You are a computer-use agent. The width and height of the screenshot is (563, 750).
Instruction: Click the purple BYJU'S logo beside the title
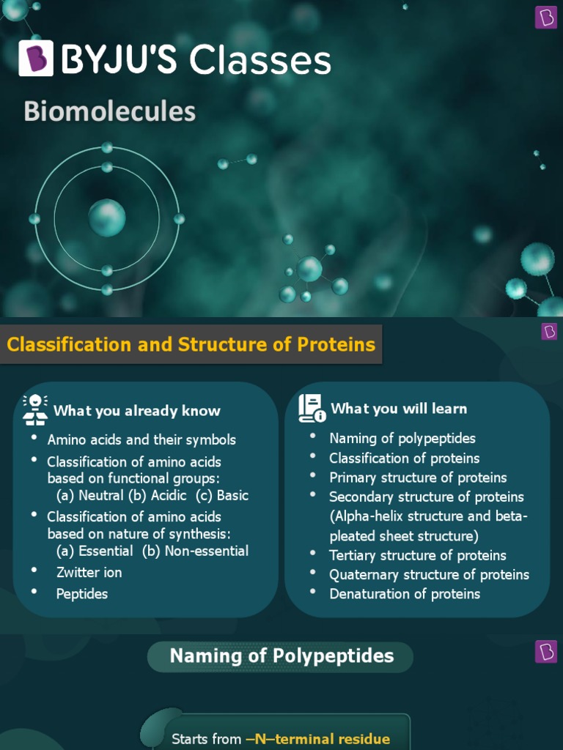(x=36, y=59)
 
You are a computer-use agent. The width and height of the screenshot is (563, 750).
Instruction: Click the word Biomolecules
(x=109, y=111)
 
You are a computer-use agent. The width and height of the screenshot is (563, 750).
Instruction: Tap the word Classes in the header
(x=260, y=60)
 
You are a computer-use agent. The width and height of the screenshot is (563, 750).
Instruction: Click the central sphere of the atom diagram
(x=107, y=218)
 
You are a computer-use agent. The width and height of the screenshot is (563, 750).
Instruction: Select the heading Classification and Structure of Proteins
(x=191, y=344)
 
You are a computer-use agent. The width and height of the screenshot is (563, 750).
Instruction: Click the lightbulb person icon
(x=35, y=409)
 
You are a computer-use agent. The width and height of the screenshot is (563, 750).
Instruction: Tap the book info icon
(x=312, y=409)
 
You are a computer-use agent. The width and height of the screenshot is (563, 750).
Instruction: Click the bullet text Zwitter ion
(x=89, y=572)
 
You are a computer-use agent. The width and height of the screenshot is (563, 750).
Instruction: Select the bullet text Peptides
(x=82, y=593)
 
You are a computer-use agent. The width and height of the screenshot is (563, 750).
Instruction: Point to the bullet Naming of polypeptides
(x=402, y=438)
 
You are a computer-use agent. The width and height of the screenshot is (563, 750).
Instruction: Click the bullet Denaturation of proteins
(x=405, y=593)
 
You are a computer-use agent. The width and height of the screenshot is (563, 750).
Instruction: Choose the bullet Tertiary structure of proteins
(x=417, y=555)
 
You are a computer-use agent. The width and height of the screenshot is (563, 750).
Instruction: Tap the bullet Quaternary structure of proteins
(x=429, y=574)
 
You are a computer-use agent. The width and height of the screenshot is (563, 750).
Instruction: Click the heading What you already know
(x=136, y=410)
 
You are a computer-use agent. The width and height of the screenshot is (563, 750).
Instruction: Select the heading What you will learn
(x=399, y=409)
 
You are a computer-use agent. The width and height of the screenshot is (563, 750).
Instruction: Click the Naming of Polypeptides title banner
(x=281, y=656)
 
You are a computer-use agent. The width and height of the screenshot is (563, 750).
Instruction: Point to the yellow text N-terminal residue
(x=317, y=739)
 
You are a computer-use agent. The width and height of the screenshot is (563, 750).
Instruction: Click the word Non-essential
(x=207, y=551)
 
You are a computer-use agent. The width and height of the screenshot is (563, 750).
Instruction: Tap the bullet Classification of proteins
(x=404, y=458)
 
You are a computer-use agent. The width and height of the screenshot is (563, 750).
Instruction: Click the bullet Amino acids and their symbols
(x=141, y=439)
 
